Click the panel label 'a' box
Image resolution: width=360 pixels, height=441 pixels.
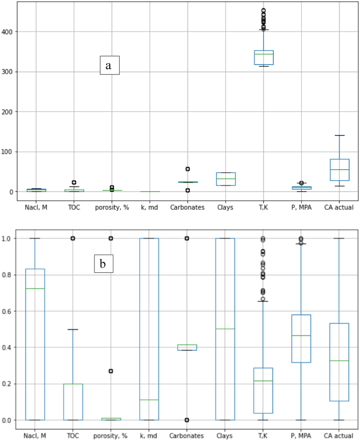[x=110, y=65]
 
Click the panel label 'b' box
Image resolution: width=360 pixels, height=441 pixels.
[x=104, y=264]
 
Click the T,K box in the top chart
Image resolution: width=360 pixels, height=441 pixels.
[x=263, y=57]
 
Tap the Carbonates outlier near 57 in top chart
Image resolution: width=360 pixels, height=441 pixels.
[x=187, y=169]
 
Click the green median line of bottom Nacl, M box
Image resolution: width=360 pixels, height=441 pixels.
[x=35, y=289]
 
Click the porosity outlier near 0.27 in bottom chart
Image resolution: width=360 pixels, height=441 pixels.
[x=111, y=371]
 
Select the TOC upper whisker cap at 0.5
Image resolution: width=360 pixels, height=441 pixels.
[x=73, y=330]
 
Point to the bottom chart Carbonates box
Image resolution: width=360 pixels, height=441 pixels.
[x=187, y=347]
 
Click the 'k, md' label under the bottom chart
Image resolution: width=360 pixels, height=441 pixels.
[x=149, y=435]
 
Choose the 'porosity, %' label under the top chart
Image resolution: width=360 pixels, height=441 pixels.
[x=111, y=207]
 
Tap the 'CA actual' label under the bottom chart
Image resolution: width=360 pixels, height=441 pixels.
[x=338, y=435]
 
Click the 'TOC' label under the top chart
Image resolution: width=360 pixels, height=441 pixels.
[x=73, y=207]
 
